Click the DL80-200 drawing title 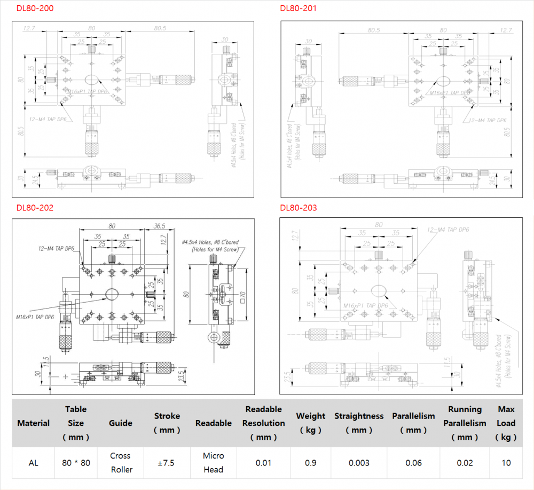(35, 9)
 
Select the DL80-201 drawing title (299, 9)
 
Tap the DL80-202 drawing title (35, 208)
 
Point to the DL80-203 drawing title (299, 208)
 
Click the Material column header (33, 423)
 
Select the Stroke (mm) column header (167, 423)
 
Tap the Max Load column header (506, 423)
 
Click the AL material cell (33, 463)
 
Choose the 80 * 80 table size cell (76, 463)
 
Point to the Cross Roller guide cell (121, 463)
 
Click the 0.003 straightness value (359, 463)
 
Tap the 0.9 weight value (310, 463)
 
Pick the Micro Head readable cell (214, 463)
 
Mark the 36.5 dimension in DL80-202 (159, 226)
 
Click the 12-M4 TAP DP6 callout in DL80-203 (447, 230)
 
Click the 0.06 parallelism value (413, 463)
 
